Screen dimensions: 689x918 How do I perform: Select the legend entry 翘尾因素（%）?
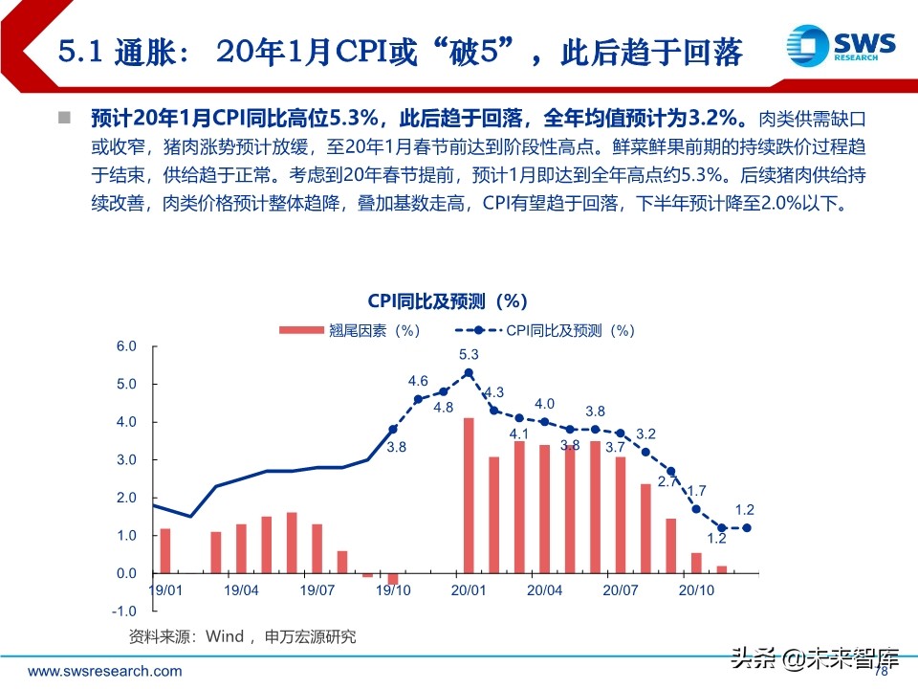[x=350, y=330]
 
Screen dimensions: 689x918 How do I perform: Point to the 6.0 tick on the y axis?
[x=126, y=345]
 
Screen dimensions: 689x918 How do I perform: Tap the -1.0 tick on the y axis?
[x=124, y=611]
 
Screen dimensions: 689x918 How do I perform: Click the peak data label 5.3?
[x=469, y=354]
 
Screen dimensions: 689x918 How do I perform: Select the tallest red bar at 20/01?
[x=469, y=496]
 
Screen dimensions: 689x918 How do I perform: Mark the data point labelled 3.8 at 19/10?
[x=392, y=430]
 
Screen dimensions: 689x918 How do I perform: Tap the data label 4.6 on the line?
[x=418, y=381]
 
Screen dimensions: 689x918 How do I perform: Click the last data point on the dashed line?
[x=747, y=527]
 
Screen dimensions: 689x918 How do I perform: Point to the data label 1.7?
[x=697, y=490]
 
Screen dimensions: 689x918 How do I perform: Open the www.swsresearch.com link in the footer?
[x=104, y=671]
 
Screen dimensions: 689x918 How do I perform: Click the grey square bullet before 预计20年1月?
[x=65, y=119]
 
